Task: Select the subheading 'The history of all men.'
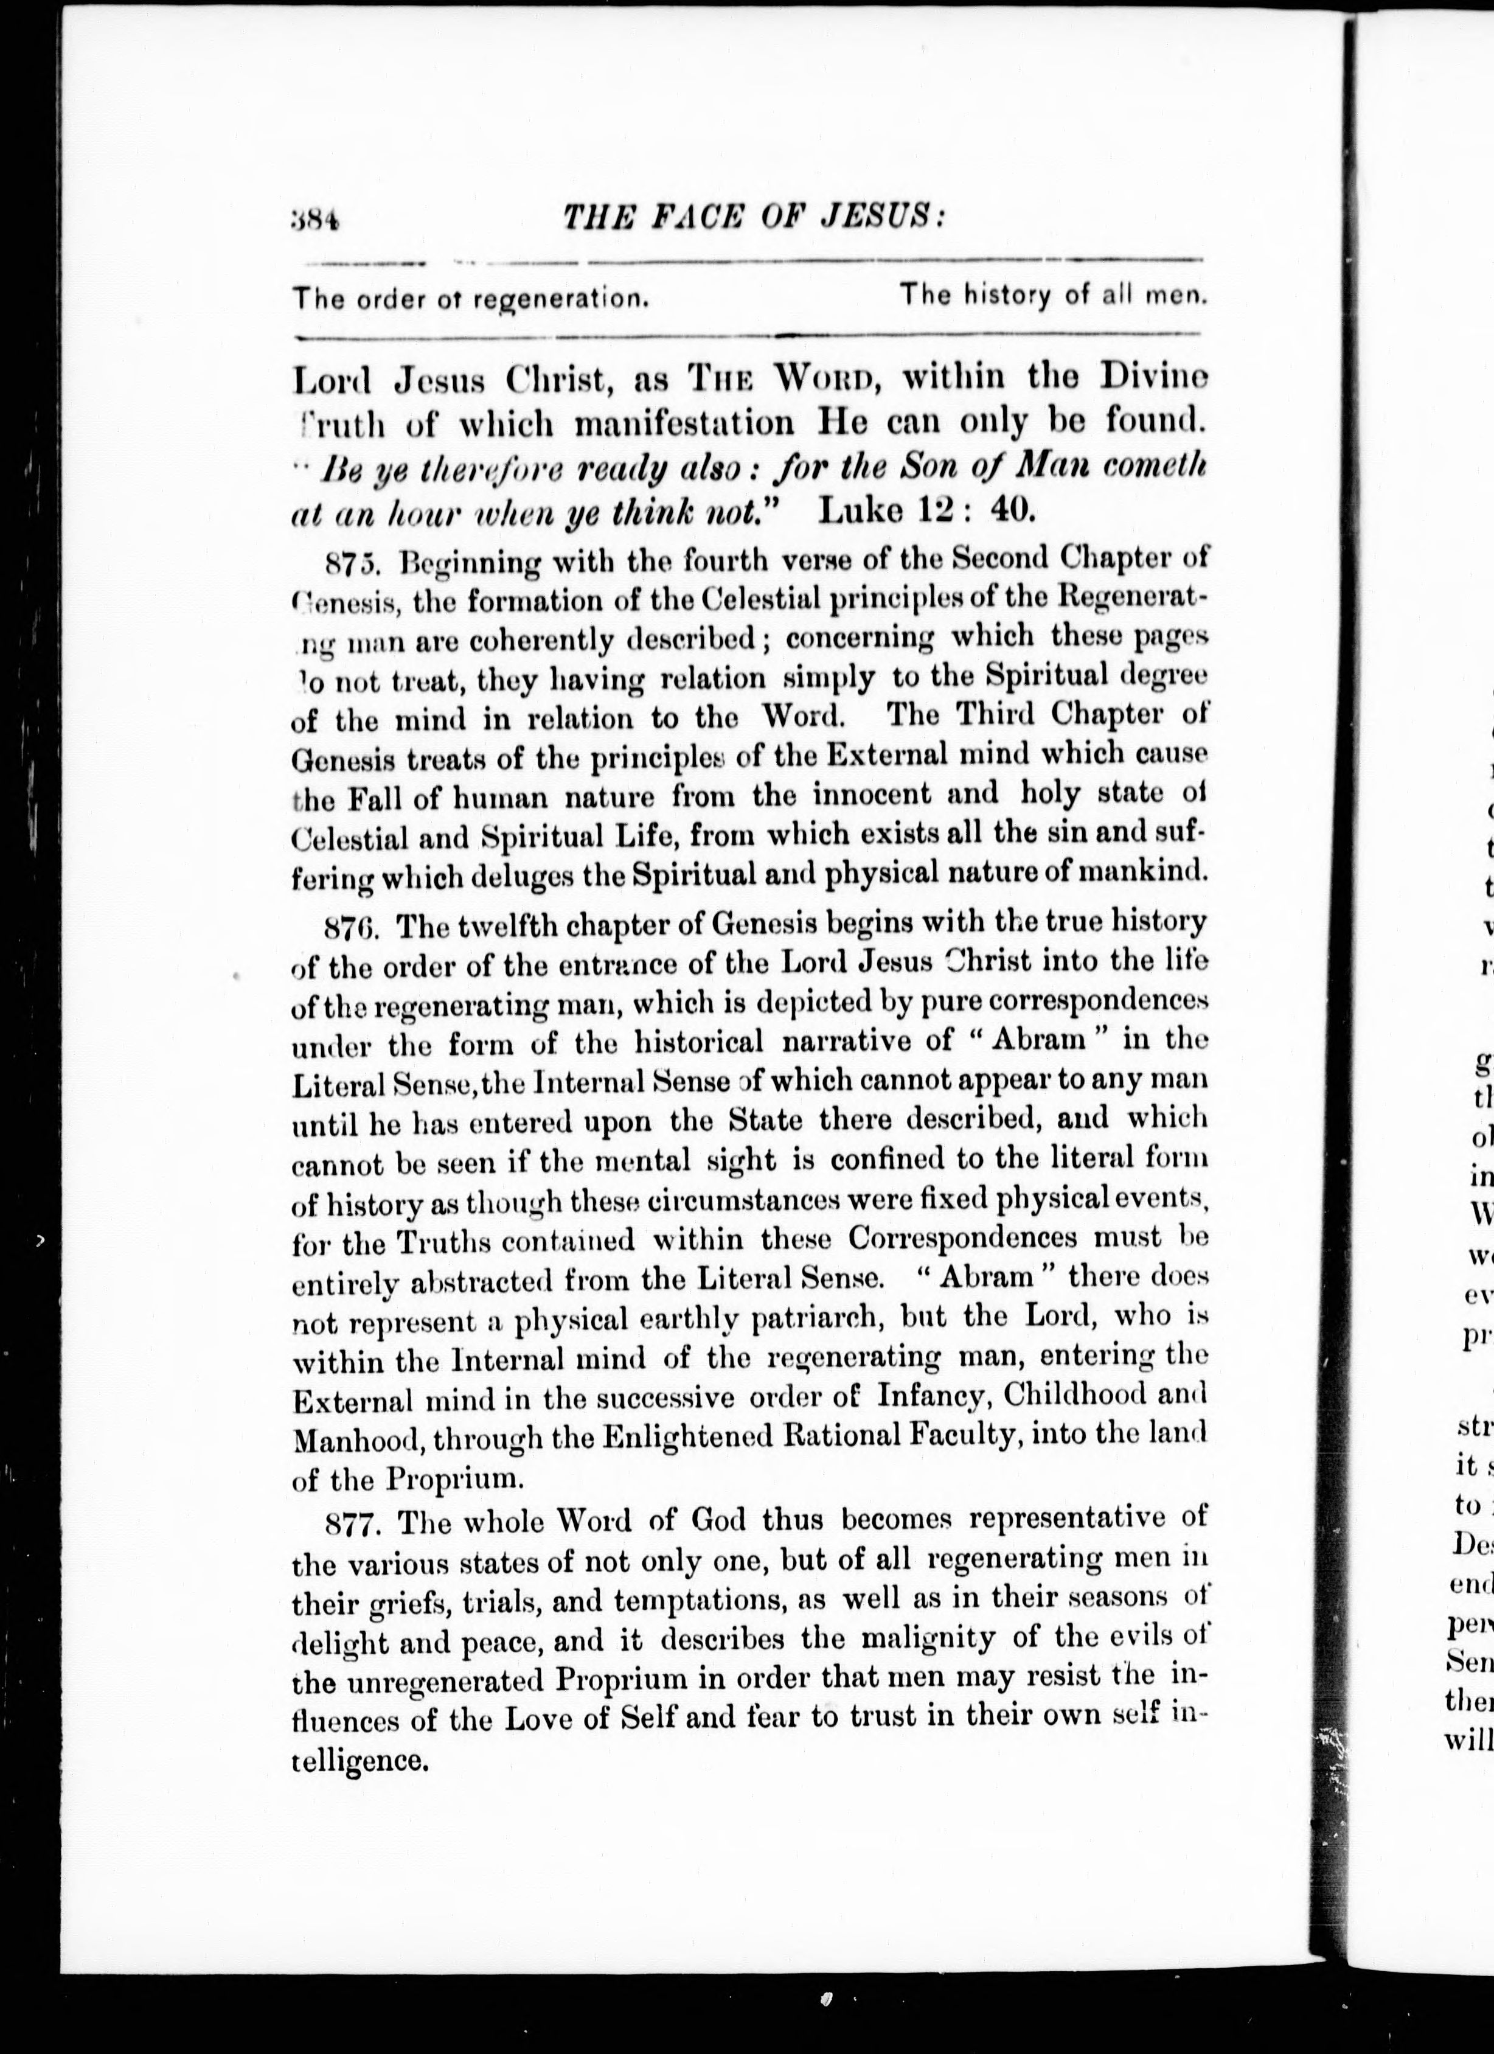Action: point(1052,295)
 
